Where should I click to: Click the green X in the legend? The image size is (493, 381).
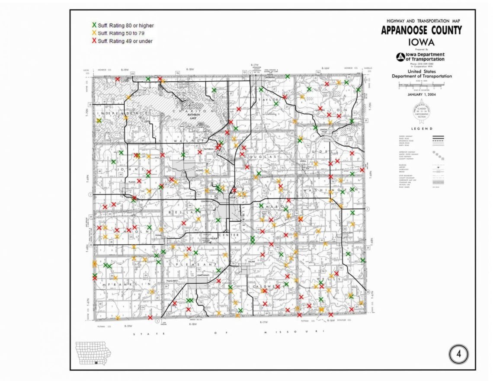click(94, 26)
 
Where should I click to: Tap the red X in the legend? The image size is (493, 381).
click(94, 41)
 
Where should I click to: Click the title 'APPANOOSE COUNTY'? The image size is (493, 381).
click(421, 31)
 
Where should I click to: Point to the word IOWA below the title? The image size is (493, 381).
click(421, 42)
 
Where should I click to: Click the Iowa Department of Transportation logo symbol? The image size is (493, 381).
click(401, 57)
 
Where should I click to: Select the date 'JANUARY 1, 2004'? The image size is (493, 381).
click(422, 94)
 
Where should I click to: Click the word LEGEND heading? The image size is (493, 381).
click(421, 128)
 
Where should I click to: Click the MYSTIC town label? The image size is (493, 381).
click(199, 170)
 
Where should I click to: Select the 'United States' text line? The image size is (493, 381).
click(422, 71)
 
